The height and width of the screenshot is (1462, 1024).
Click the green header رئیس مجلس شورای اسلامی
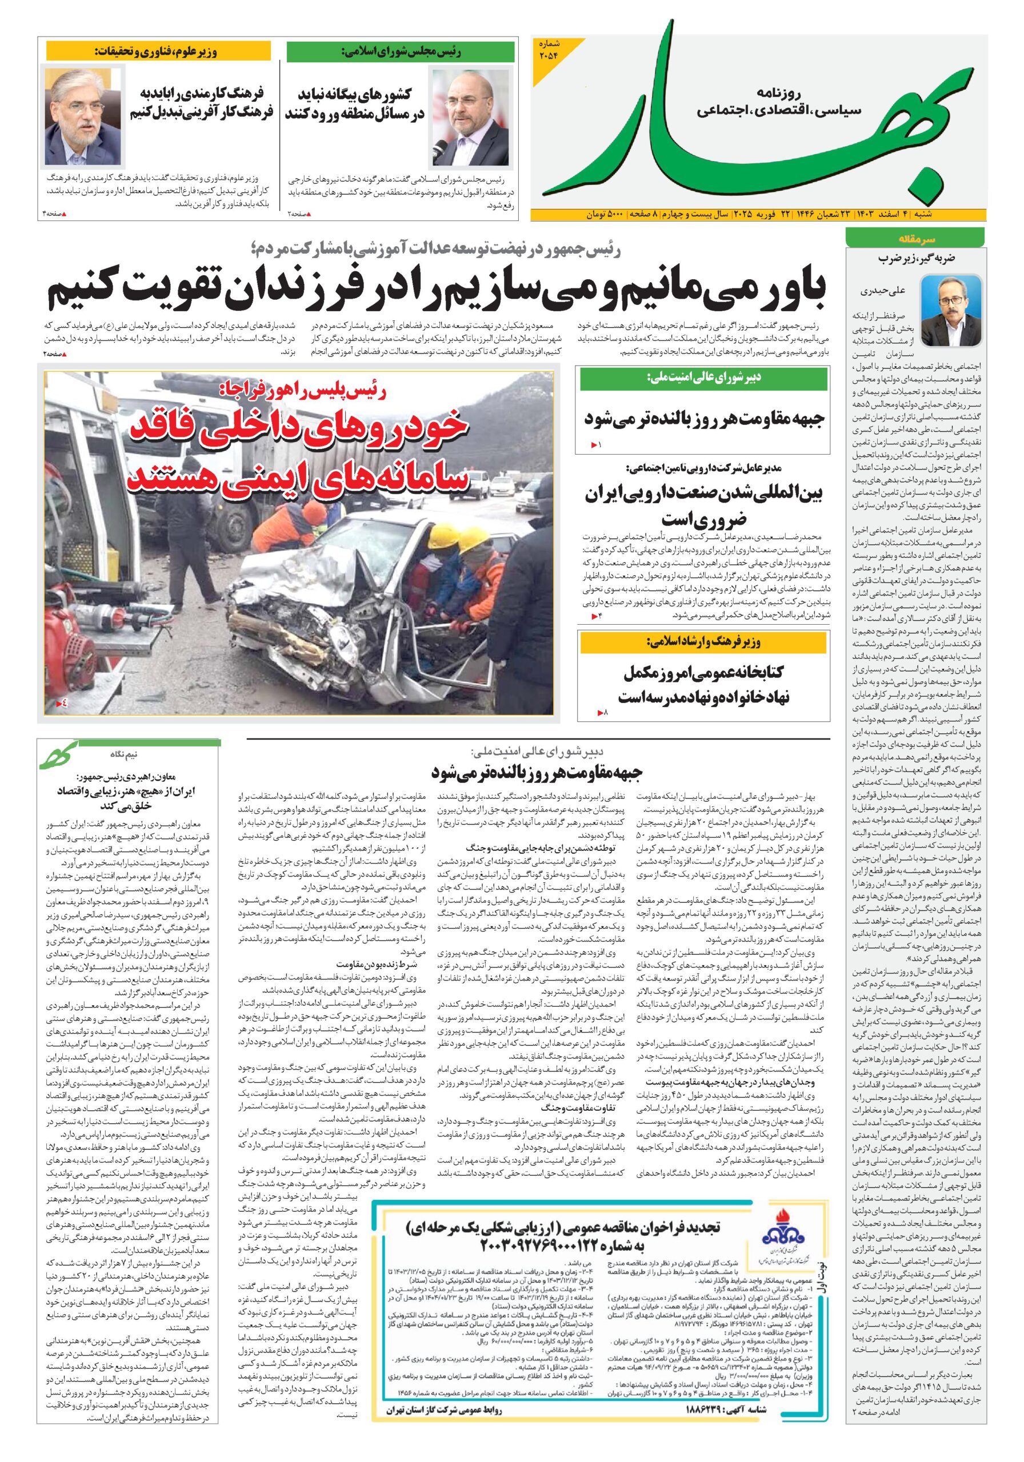(399, 51)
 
